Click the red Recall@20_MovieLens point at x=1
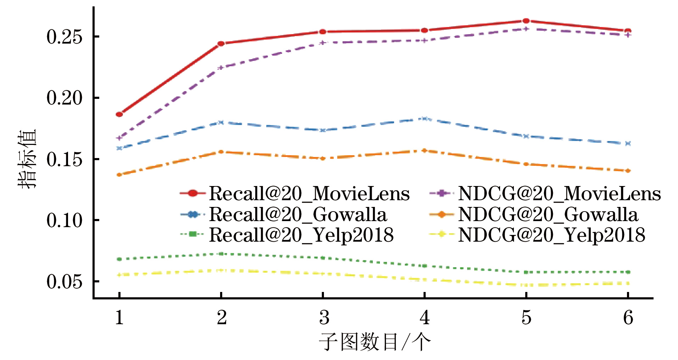[119, 114]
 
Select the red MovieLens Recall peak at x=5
[526, 21]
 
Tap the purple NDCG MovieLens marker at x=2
[221, 67]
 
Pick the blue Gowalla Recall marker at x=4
[424, 118]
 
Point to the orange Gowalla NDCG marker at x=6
[628, 170]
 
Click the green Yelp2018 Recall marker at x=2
[221, 254]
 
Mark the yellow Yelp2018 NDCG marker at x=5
[526, 285]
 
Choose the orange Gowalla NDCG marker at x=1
[119, 175]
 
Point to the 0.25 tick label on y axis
[64, 37]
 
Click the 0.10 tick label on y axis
[64, 220]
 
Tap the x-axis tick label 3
[324, 317]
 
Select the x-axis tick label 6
[628, 317]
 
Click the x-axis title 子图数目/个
[374, 342]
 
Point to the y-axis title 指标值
[28, 158]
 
